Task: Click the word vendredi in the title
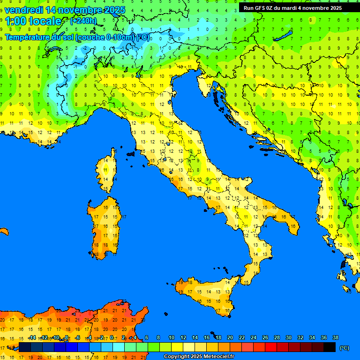[x=23, y=10]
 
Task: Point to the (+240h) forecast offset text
[x=83, y=21]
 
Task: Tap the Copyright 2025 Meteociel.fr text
[x=199, y=356]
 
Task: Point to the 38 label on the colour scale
[x=335, y=337]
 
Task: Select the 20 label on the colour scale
[x=230, y=337]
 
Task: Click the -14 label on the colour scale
[x=32, y=337]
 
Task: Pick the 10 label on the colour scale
[x=172, y=337]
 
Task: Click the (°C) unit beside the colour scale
[x=344, y=347]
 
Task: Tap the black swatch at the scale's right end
[x=330, y=347]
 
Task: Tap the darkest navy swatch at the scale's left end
[x=25, y=347]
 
